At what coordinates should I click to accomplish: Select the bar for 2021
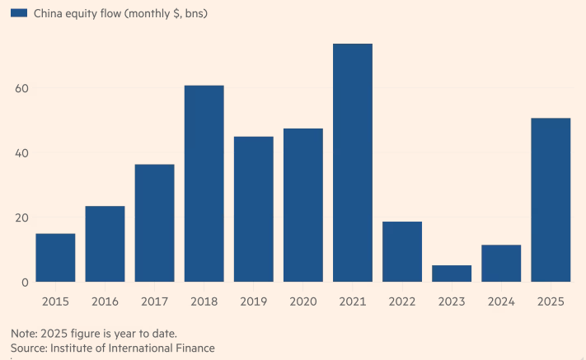pos(353,163)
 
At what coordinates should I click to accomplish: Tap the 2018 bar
pos(204,184)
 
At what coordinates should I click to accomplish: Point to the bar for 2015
pos(55,258)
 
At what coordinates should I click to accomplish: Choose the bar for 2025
pos(551,200)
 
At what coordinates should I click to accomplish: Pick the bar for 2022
pos(402,251)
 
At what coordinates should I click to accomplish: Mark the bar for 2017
pos(154,223)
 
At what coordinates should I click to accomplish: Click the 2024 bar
pos(501,264)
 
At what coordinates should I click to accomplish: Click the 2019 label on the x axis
pos(253,302)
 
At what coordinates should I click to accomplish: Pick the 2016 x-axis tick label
pos(105,302)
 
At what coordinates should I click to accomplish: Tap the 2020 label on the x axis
pos(302,302)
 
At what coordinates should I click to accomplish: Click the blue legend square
pos(19,13)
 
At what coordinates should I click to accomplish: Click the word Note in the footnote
pos(24,334)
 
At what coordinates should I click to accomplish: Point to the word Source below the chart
pos(30,348)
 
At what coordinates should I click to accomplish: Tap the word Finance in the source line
pos(194,348)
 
